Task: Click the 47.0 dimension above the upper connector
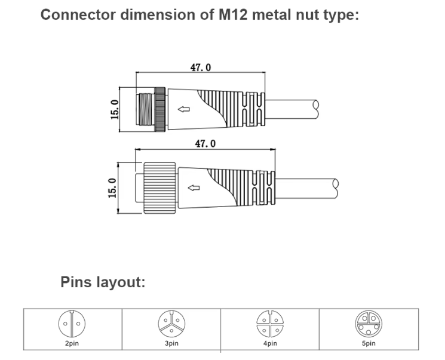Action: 200,67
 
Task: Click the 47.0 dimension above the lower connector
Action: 205,143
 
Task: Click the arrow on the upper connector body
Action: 184,109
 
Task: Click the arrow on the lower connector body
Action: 194,189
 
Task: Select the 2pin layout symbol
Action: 71,325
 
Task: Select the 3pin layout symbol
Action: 171,325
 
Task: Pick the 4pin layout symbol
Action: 269,325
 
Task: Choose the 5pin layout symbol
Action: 368,325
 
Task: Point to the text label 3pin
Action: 171,343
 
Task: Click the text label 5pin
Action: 368,343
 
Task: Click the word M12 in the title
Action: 231,15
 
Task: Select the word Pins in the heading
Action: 76,282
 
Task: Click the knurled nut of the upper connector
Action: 160,109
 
